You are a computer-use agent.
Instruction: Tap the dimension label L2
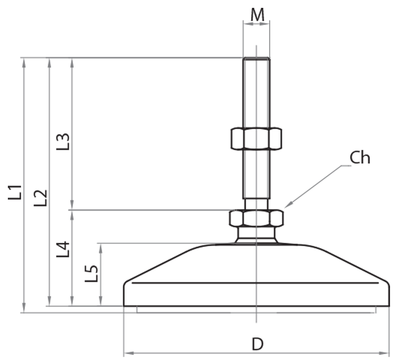[x=41, y=197]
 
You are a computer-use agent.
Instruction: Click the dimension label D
[x=257, y=344]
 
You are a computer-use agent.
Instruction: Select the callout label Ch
[x=360, y=158]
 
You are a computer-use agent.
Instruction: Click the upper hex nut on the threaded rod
[x=256, y=138]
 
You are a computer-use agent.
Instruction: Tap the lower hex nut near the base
[x=256, y=218]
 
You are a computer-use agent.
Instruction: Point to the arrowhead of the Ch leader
[x=287, y=205]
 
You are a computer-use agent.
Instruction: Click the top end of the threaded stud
[x=256, y=59]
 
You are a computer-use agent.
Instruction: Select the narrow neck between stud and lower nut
[x=256, y=203]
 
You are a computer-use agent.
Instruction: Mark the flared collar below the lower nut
[x=256, y=235]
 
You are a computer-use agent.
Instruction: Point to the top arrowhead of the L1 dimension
[x=23, y=61]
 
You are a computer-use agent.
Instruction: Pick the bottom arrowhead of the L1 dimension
[x=23, y=309]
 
